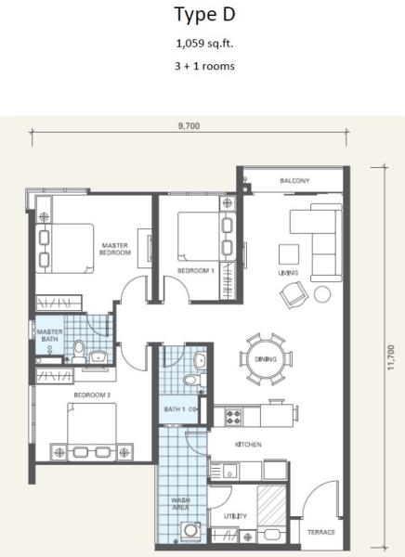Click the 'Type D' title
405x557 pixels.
(204, 15)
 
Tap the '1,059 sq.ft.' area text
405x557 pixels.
(204, 44)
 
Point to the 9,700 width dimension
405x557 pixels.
(189, 126)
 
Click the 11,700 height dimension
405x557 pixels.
(391, 357)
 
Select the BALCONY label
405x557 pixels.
(294, 181)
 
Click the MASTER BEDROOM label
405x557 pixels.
(115, 249)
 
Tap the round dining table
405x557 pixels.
(266, 359)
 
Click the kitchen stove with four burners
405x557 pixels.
(233, 417)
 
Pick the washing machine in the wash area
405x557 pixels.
(190, 531)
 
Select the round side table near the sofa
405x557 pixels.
(322, 294)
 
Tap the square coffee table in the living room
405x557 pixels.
(289, 254)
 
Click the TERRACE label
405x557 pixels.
(321, 532)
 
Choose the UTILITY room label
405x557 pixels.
(235, 516)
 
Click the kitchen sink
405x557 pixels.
(229, 472)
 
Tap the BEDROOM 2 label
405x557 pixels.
(92, 395)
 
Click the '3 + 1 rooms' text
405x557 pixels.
(204, 67)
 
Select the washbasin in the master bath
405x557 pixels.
(98, 356)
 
